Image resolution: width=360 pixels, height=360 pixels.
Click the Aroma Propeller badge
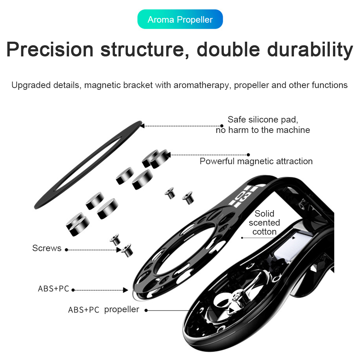click(x=180, y=19)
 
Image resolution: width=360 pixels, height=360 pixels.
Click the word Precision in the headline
click(x=50, y=49)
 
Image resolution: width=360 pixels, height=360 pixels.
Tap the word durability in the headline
click(x=310, y=50)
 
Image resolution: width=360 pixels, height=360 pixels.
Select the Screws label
click(x=47, y=248)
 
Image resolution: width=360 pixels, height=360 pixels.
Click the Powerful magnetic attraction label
click(x=256, y=161)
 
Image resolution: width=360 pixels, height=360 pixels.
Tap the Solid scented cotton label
click(x=264, y=222)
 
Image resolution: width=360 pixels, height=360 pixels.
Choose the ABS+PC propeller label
click(x=103, y=310)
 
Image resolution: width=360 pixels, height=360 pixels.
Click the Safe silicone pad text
click(x=263, y=119)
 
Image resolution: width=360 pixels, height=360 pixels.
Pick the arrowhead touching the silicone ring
click(x=142, y=126)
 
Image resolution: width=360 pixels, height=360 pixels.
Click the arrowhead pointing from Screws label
click(x=119, y=250)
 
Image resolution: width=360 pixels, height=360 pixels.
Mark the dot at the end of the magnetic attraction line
click(x=248, y=155)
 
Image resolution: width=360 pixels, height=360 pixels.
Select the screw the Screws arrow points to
click(x=127, y=250)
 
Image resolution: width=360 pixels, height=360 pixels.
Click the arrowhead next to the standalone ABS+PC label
click(x=125, y=290)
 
